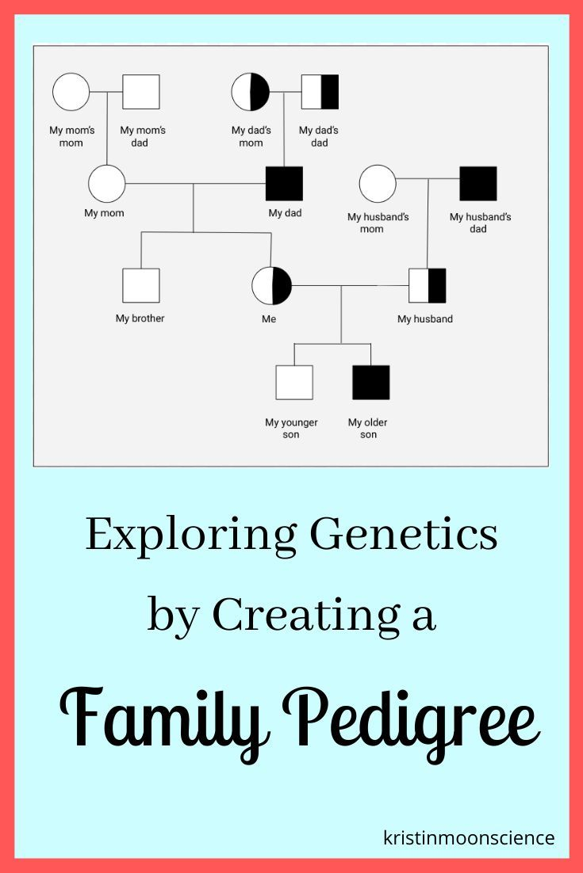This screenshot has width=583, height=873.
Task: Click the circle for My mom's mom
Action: (x=71, y=92)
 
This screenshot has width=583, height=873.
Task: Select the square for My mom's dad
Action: (x=141, y=92)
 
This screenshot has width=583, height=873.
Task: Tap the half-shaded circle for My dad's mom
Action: (x=251, y=92)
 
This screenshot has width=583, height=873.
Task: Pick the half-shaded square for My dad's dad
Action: (x=320, y=92)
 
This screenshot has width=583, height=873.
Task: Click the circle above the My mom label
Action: (x=106, y=184)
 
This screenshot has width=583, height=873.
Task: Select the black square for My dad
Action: (x=284, y=184)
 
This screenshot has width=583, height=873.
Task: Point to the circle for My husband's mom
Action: (x=378, y=184)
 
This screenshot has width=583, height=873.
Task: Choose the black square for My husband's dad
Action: (x=478, y=184)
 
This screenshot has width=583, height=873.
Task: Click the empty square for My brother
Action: (x=141, y=286)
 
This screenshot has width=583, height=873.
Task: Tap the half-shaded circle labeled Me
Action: (x=271, y=286)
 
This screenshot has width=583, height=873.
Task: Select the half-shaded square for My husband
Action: (x=428, y=286)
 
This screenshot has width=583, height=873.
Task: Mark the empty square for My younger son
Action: (x=294, y=383)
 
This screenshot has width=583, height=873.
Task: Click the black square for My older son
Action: (x=371, y=383)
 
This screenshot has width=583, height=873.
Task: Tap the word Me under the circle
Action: (x=269, y=319)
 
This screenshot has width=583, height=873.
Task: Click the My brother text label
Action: (x=140, y=318)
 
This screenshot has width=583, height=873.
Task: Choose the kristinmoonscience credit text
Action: (x=469, y=837)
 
